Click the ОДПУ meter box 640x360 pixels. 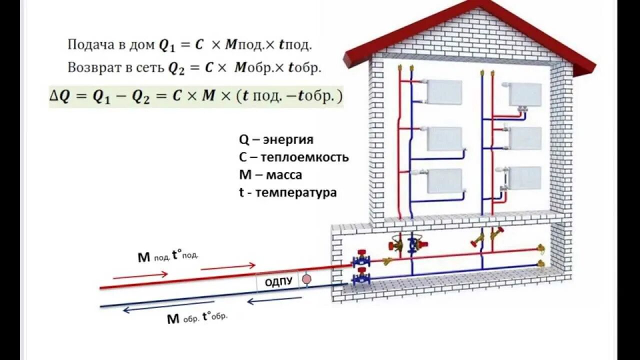coord(278,281)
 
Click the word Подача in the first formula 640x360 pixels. coord(86,44)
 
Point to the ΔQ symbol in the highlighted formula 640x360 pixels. coord(58,96)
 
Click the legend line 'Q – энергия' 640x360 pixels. coord(276,139)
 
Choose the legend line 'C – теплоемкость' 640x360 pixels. coord(293,157)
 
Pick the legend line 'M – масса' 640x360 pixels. coord(270,175)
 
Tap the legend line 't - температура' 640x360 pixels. coord(287,192)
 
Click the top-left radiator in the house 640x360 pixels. coord(443,92)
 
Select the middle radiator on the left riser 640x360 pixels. coord(444,138)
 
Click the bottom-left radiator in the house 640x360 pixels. coord(444,180)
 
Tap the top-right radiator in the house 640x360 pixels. coord(525,94)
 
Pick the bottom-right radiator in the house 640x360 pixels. coord(525,177)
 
